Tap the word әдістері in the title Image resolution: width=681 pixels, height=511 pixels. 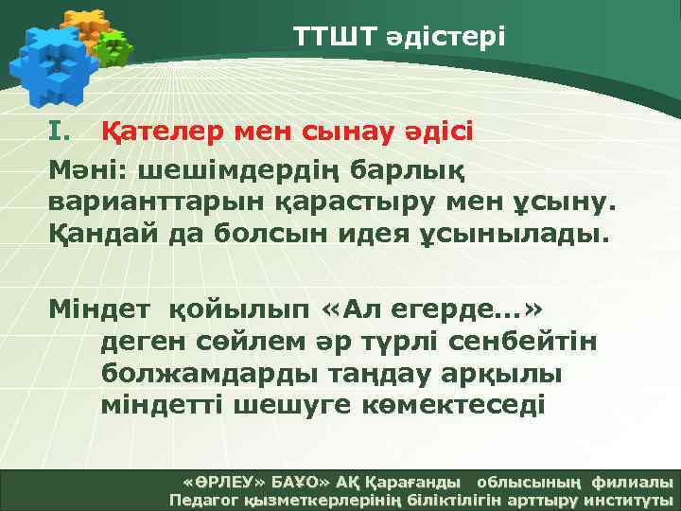pos(445,37)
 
